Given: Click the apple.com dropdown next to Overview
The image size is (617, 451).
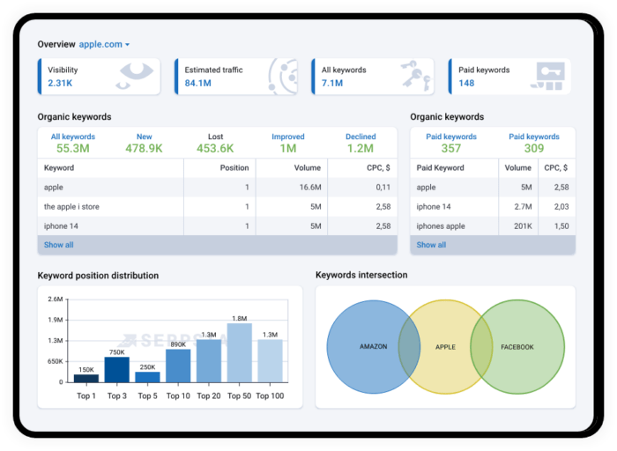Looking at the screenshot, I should point(104,44).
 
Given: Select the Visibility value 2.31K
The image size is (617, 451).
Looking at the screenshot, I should point(60,84).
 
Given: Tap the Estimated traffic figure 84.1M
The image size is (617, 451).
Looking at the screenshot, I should point(199,84).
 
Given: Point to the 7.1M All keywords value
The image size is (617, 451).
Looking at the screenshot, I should point(332,84).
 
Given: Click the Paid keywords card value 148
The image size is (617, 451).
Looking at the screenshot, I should point(466,84).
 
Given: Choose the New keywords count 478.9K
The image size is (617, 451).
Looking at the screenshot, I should point(144,148).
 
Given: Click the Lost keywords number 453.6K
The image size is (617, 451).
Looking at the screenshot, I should point(215,148).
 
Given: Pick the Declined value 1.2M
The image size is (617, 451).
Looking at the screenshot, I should point(360,148).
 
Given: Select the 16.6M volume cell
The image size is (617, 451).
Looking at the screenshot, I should point(309,188).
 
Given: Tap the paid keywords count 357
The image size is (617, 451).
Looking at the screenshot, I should point(450,148).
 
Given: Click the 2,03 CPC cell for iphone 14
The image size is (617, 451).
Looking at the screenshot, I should point(555,207).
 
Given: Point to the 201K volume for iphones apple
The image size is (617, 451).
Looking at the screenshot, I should point(522,226).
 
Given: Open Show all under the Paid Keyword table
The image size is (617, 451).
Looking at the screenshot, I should point(431,245).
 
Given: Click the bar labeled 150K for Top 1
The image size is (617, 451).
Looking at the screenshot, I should point(86,378).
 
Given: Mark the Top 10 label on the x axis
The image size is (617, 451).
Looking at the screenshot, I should point(178,396).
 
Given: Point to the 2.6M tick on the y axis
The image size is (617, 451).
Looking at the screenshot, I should point(55,299).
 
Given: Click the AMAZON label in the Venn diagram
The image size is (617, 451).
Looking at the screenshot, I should point(374,347).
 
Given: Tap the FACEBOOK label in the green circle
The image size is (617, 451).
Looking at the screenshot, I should point(517,347).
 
